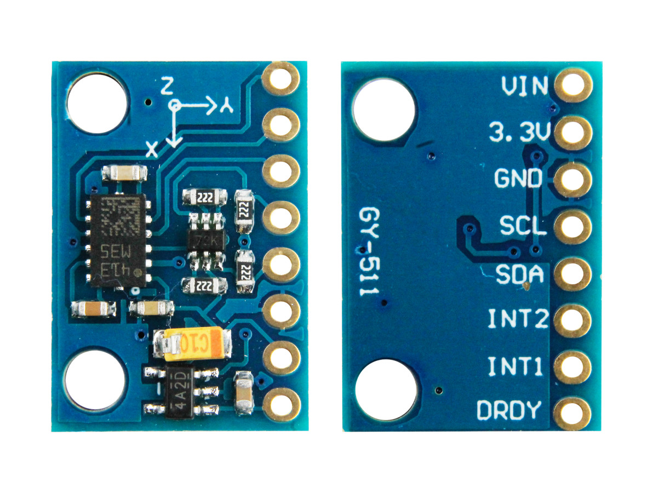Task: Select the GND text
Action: [518, 179]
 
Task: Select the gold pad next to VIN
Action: [573, 85]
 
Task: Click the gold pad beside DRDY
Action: [572, 414]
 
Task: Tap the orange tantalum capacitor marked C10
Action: [191, 344]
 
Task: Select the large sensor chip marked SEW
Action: [117, 241]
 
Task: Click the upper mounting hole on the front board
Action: [97, 103]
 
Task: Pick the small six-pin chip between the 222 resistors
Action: [206, 241]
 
